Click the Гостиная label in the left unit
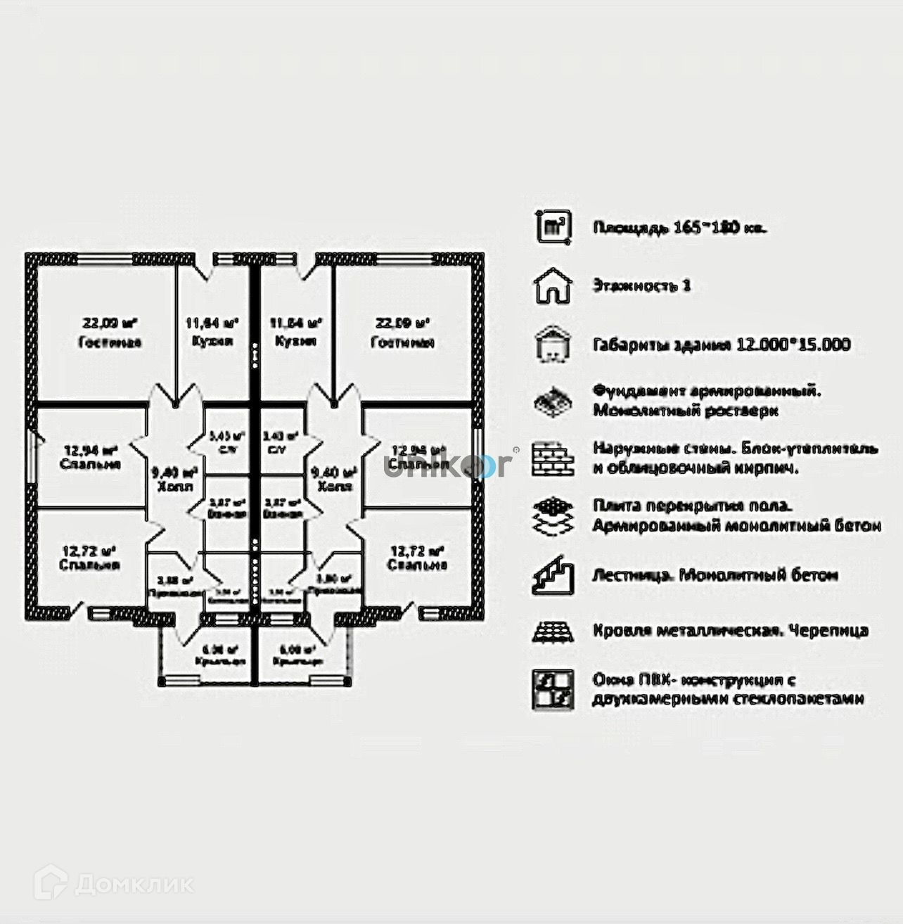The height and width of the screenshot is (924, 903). tap(110, 342)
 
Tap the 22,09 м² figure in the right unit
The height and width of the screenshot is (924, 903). tap(402, 323)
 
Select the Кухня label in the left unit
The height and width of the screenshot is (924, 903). tap(212, 341)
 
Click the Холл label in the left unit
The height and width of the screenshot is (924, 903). tap(173, 487)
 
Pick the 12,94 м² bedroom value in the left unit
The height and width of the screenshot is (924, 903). tap(90, 450)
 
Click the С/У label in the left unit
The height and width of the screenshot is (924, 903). tap(226, 450)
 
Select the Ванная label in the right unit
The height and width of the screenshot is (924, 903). tap(282, 514)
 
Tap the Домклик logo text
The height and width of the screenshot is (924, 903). tap(134, 883)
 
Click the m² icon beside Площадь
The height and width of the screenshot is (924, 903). tap(553, 227)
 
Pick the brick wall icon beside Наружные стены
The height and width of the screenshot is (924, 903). tap(552, 458)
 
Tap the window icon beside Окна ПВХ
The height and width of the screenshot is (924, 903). tap(553, 689)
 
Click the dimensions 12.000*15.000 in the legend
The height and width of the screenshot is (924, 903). tap(793, 345)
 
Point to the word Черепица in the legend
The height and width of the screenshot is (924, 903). tap(827, 631)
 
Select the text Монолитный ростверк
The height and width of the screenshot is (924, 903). tap(686, 411)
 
